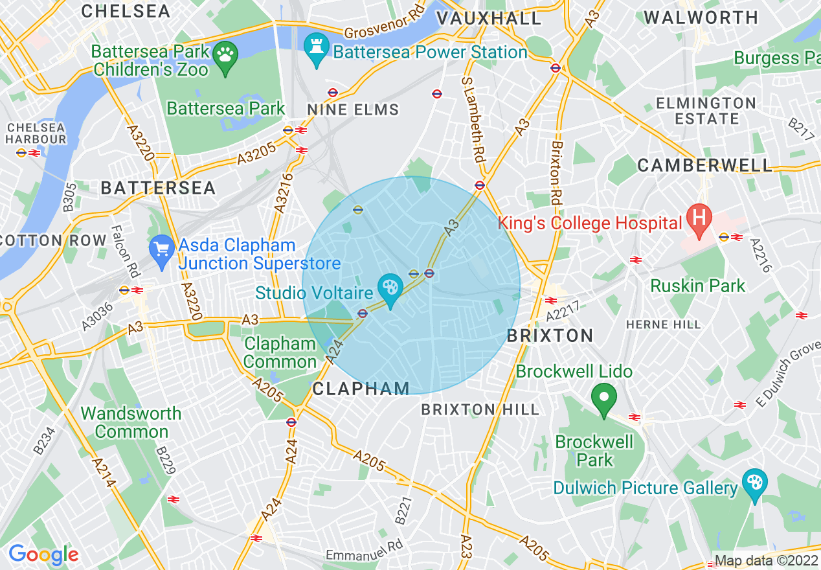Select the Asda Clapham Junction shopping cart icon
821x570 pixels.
tap(161, 249)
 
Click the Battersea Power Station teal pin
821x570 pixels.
tap(317, 47)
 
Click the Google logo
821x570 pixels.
tap(43, 554)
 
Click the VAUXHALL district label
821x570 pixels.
tap(489, 19)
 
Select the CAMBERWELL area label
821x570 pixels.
tap(705, 166)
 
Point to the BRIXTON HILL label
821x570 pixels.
tap(480, 409)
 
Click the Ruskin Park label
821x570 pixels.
tap(698, 286)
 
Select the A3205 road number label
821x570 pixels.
tap(256, 154)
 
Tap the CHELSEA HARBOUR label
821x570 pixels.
tap(36, 133)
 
